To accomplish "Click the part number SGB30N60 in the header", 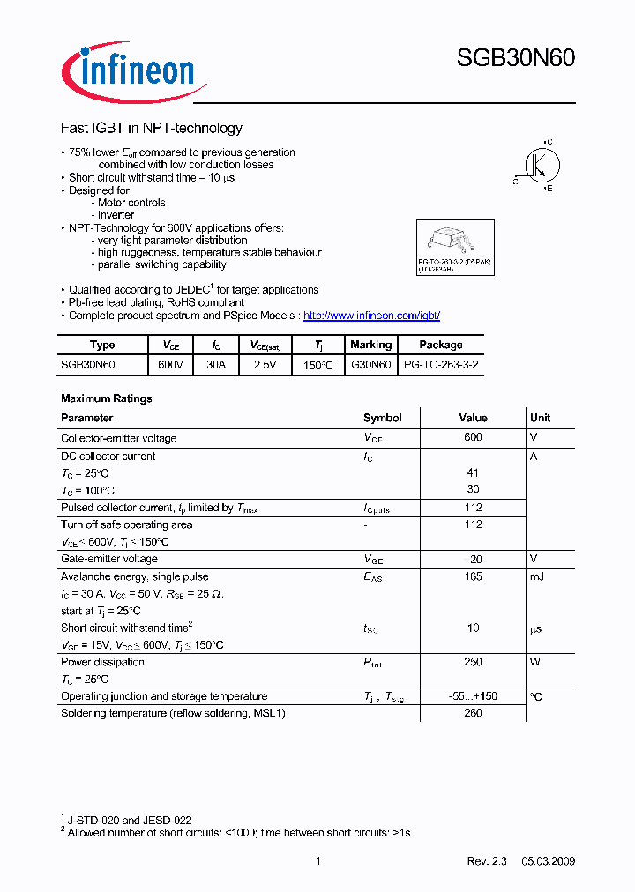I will point(515,59).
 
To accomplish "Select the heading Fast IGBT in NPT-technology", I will point(151,129).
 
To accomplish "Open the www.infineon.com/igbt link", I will point(371,316).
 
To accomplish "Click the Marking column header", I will point(370,345).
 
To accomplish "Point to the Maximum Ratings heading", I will point(106,398).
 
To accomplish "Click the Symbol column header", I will point(382,418).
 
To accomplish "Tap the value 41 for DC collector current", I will point(473,473).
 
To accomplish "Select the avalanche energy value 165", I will point(473,577).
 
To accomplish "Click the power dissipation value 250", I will point(473,663).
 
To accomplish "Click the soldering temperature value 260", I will point(473,714).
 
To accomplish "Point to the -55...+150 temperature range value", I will point(473,696).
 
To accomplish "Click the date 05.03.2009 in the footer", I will point(547,861).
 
